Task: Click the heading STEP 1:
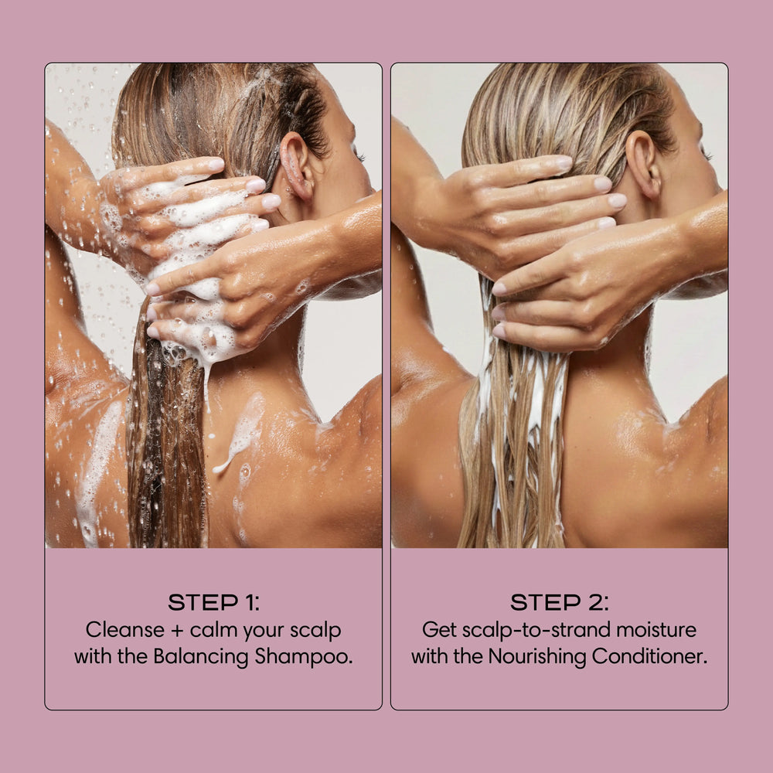click(x=213, y=603)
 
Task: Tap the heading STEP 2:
click(x=559, y=603)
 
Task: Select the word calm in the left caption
click(x=210, y=630)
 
